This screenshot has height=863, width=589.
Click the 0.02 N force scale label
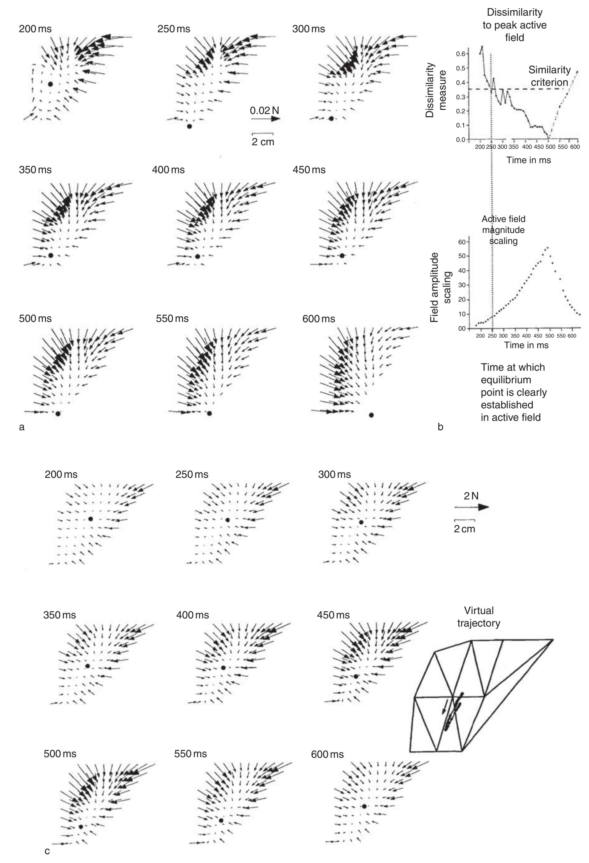pos(264,110)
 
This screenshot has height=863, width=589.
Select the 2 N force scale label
pos(471,496)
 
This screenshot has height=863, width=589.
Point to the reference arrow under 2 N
pos(471,507)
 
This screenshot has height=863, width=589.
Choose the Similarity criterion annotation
pos(549,76)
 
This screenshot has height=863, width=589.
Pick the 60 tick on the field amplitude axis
pos(461,242)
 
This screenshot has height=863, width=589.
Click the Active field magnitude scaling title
pos(503,230)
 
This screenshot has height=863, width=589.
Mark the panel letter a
pos(22,427)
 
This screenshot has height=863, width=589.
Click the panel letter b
pos(440,427)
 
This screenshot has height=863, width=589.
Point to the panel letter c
pos(47,851)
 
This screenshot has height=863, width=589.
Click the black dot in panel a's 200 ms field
pos(50,84)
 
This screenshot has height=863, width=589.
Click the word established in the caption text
pos(507,405)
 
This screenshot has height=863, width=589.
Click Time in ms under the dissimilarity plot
pos(529,160)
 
